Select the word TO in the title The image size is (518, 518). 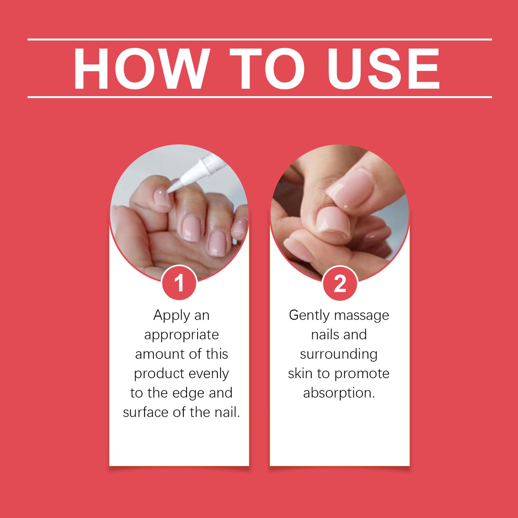(x=267, y=68)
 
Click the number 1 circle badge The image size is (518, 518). (x=179, y=283)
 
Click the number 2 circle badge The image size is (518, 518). (x=340, y=284)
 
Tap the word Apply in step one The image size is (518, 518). (x=171, y=315)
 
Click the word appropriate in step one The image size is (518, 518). (x=181, y=335)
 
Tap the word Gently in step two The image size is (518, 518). (x=309, y=315)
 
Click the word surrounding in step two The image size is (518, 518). (x=339, y=355)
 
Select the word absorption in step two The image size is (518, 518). (x=339, y=393)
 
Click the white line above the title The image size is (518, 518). (x=260, y=39)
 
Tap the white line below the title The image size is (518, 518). (x=260, y=97)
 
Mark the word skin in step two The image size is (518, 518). (x=300, y=374)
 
